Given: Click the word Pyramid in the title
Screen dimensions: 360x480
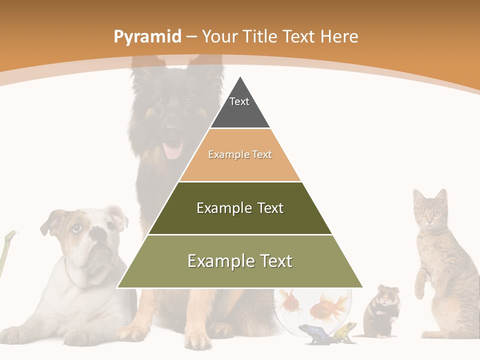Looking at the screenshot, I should coord(147,37).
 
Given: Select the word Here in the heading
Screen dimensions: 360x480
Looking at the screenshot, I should coord(339,36).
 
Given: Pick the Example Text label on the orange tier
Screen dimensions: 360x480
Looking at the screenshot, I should coord(240,155).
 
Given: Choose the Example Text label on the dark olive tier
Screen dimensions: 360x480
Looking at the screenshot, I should coord(240,208).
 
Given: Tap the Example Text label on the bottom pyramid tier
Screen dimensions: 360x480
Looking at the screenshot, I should coord(240,261).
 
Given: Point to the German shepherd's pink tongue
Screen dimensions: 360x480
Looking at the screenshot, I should coord(173,150).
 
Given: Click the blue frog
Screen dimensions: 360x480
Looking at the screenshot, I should coord(311,333).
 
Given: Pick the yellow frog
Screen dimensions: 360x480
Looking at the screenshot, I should coord(345,331).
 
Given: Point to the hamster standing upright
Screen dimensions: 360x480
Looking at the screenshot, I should coord(382,310).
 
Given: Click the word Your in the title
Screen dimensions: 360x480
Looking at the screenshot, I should coord(219,37).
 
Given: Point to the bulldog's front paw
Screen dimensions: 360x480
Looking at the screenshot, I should coord(80,337).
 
